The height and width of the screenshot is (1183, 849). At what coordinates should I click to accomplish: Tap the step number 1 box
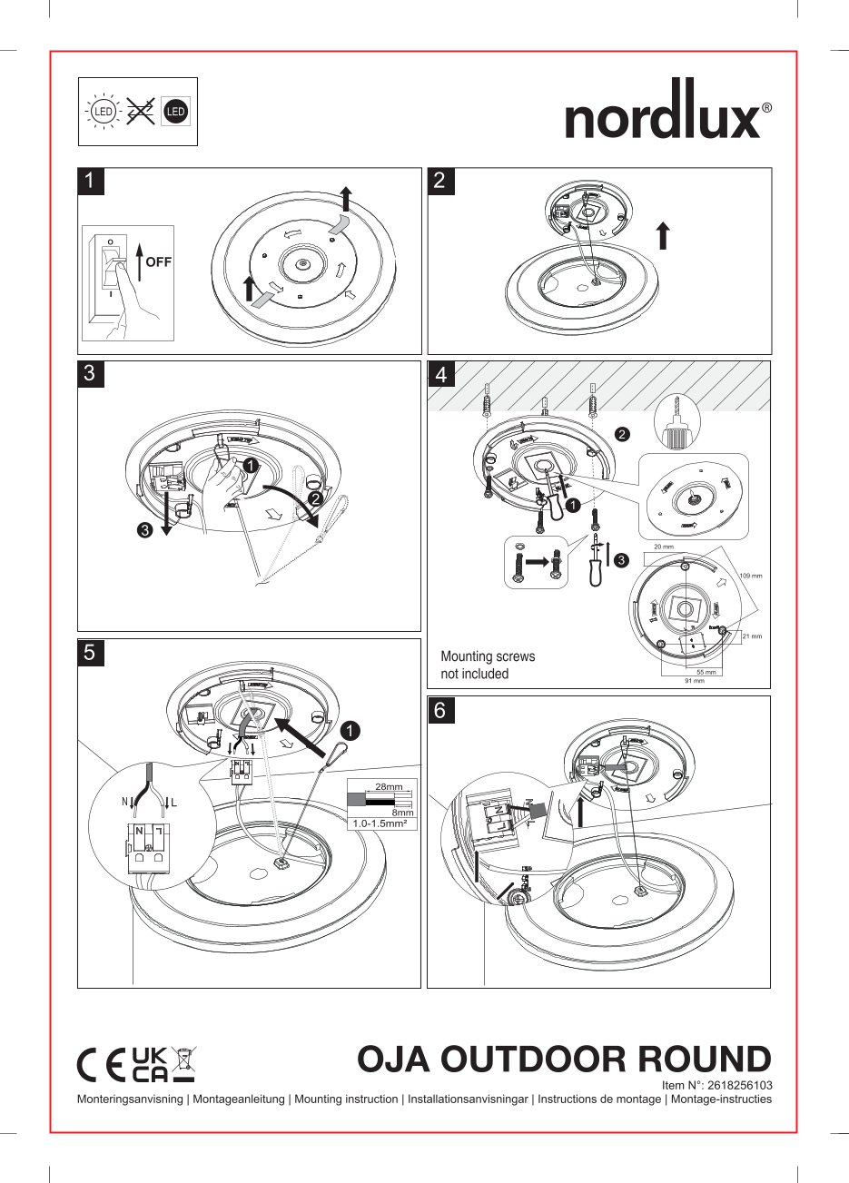coord(90,181)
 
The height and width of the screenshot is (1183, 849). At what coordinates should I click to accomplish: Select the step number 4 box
coord(440,374)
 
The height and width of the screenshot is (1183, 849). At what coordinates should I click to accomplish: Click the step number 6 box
coord(439,710)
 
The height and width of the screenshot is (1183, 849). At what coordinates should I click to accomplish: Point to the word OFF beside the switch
coord(158,261)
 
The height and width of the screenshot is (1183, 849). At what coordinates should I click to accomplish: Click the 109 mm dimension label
coord(750,576)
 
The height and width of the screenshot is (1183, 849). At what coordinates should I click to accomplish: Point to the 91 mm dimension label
coord(694,680)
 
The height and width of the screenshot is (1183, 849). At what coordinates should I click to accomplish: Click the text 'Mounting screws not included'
coord(488,665)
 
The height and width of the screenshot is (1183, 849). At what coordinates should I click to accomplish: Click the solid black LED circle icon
coord(175,112)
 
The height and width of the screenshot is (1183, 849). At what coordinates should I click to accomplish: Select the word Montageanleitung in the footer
coord(238,1099)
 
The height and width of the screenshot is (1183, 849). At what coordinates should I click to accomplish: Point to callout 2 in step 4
coord(622,434)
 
